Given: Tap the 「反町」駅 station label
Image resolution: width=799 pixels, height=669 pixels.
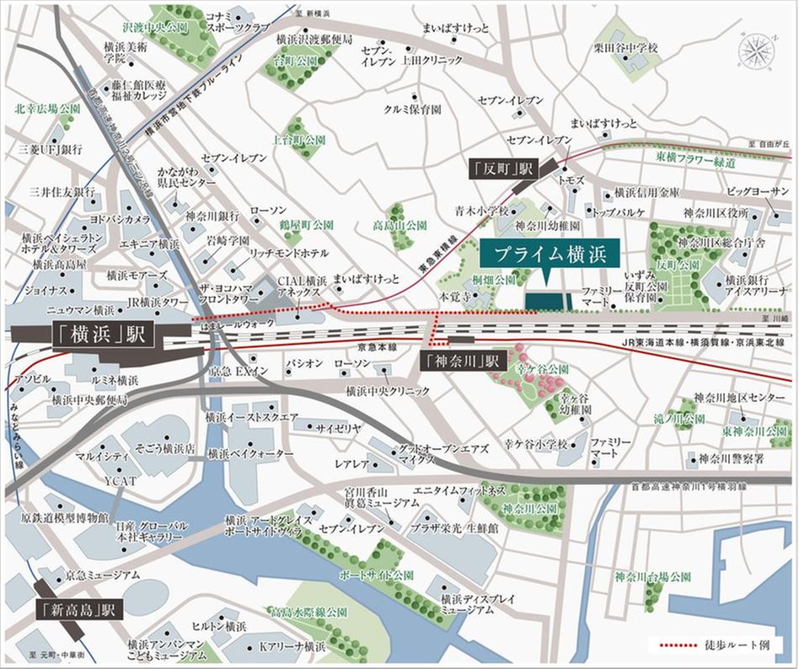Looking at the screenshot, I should click(x=502, y=169).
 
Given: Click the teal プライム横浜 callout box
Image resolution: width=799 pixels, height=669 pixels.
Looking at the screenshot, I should click(x=550, y=254).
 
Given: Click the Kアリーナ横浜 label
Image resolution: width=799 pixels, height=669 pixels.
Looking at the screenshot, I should click(x=292, y=647).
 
